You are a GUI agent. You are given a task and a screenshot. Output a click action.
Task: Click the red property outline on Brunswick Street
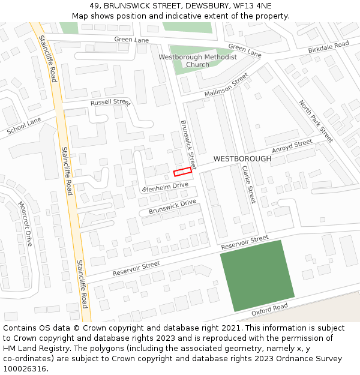coord(182,172)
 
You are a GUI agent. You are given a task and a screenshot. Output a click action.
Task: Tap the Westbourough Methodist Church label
coord(197,61)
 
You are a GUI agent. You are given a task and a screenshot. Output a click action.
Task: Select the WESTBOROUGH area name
coord(242,159)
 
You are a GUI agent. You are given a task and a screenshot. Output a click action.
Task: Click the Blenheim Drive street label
coord(165,187)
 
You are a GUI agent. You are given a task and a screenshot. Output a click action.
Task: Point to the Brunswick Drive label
coord(172,207)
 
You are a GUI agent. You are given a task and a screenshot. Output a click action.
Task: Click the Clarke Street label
coord(249,184)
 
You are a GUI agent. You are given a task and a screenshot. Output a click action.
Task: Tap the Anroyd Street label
coord(292,146)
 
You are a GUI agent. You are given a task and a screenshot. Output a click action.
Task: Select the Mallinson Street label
coord(226,86)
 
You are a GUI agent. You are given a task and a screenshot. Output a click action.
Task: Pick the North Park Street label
coord(316,121)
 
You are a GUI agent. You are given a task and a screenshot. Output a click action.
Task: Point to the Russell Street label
coord(110,103)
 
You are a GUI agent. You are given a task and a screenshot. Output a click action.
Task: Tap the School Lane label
coord(24,126)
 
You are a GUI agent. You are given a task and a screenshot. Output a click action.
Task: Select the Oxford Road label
coord(270,309)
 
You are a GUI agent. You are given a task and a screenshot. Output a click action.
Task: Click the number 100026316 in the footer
coord(25,368)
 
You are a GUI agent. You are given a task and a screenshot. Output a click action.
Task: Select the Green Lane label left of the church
coord(131,40)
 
